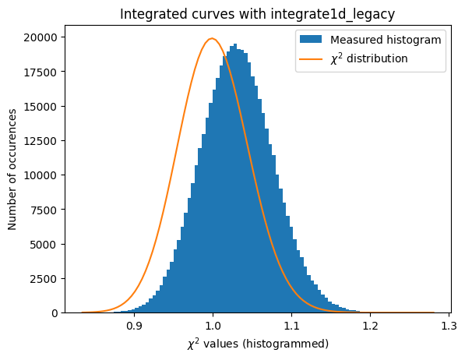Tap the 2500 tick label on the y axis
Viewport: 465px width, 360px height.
coord(49,278)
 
